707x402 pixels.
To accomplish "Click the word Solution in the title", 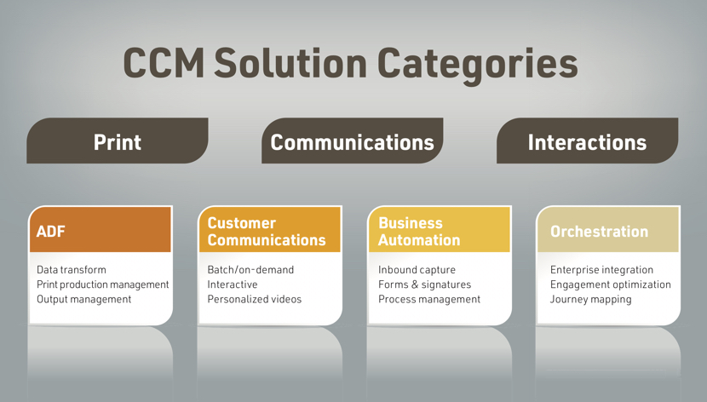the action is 290,63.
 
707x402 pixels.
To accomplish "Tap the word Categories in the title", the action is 478,66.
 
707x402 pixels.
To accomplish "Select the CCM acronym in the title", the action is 164,63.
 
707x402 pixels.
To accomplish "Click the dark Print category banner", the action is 118,141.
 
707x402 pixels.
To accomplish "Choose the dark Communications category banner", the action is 352,141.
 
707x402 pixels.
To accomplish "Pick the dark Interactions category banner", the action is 587,141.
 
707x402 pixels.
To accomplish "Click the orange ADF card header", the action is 101,229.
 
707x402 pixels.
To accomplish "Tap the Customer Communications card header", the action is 270,229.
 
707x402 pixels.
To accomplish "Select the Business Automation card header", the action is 440,229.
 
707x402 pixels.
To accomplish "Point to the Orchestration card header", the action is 608,229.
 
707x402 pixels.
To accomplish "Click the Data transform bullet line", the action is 72,270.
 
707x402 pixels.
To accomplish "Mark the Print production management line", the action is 103,284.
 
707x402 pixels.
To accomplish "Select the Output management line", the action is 83,300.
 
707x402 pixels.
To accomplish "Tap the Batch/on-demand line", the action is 250,270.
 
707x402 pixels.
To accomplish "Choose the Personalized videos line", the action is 255,299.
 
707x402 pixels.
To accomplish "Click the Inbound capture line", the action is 417,270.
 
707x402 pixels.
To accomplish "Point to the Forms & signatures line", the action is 424,284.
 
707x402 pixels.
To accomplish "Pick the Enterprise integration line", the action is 601,270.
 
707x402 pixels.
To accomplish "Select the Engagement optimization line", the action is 611,284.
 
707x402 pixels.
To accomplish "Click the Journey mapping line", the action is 590,300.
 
